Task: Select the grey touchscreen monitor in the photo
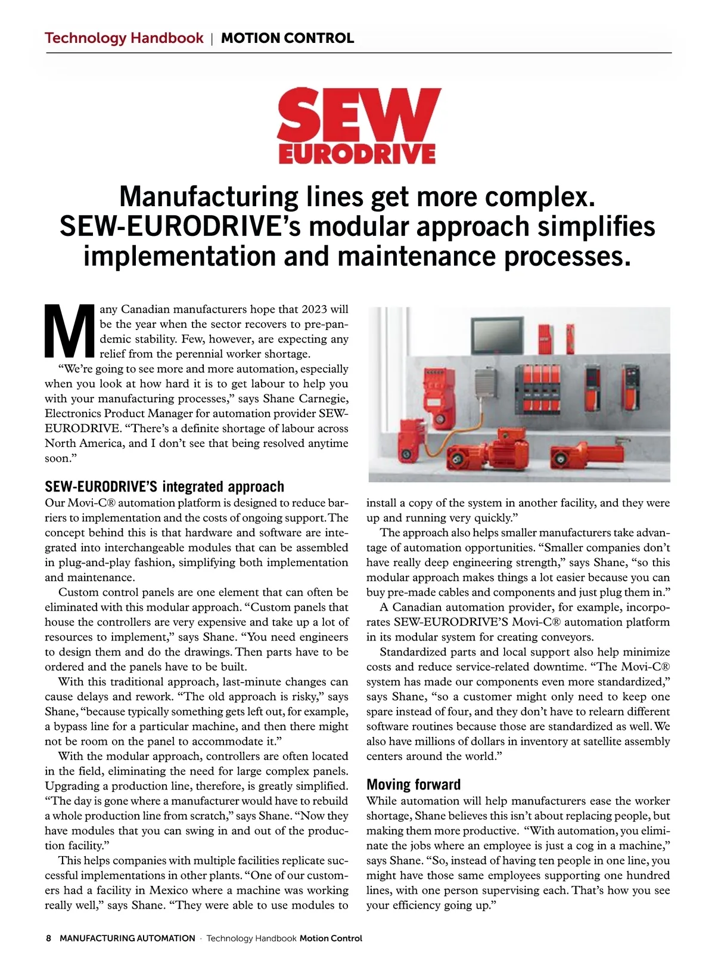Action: point(497,335)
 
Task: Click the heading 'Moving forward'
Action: point(414,784)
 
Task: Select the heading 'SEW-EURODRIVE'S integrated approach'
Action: point(164,487)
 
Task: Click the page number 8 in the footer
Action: point(49,938)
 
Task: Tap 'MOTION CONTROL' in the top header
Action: point(287,38)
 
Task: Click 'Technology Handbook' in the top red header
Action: point(124,38)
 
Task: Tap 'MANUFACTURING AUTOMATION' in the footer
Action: point(128,938)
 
